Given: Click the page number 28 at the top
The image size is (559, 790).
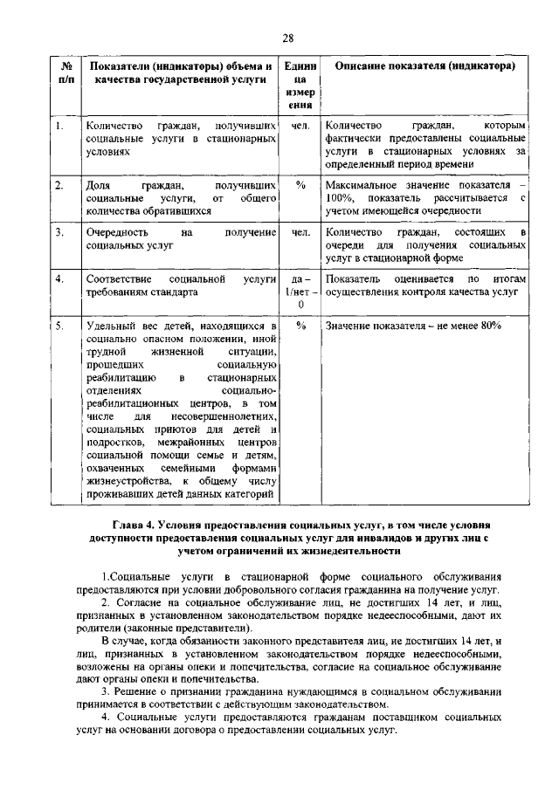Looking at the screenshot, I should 287,37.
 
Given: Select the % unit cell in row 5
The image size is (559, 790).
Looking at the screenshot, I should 300,326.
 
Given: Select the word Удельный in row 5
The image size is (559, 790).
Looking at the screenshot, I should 112,326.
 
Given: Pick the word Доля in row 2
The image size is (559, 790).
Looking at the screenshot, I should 98,185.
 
